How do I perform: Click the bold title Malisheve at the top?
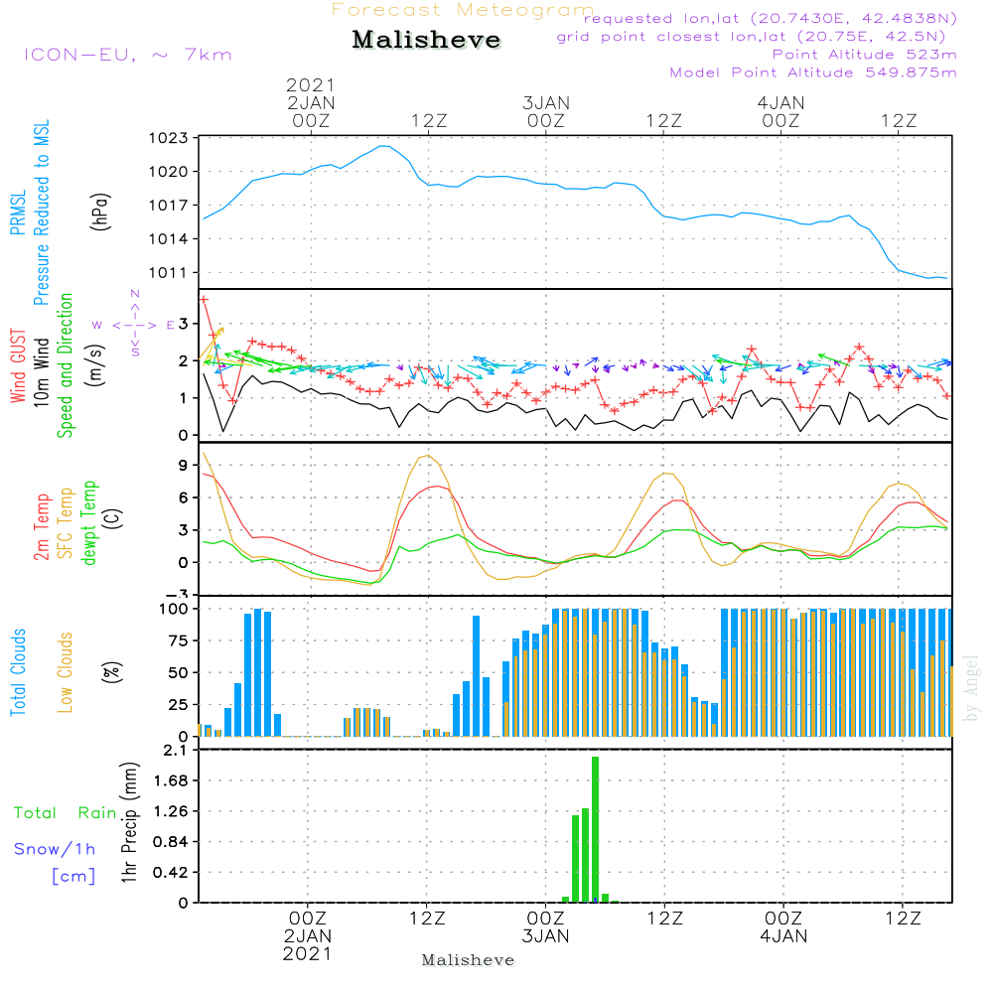coord(426,40)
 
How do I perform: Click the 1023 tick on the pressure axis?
coord(169,138)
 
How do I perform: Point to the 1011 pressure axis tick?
coord(169,273)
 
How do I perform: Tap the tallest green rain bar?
coord(595,829)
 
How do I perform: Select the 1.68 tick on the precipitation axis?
coord(171,780)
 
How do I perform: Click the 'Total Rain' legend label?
coord(66,812)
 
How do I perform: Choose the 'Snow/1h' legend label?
coord(55,849)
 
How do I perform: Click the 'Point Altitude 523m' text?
coord(865,55)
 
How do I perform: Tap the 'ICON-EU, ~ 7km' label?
coord(128,55)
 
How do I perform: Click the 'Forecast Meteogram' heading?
coord(463,10)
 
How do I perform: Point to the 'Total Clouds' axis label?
coord(18,672)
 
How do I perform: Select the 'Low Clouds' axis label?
coord(65,672)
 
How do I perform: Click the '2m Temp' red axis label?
coord(41,527)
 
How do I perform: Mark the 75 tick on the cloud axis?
coord(178,640)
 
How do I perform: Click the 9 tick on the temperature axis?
coord(183,466)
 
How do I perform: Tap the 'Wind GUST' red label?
coord(18,365)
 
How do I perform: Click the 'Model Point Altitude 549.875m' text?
coord(813,72)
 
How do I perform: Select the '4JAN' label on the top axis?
coord(780,102)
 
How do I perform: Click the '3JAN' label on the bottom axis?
coord(545,936)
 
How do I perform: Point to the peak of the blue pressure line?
coord(382,146)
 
